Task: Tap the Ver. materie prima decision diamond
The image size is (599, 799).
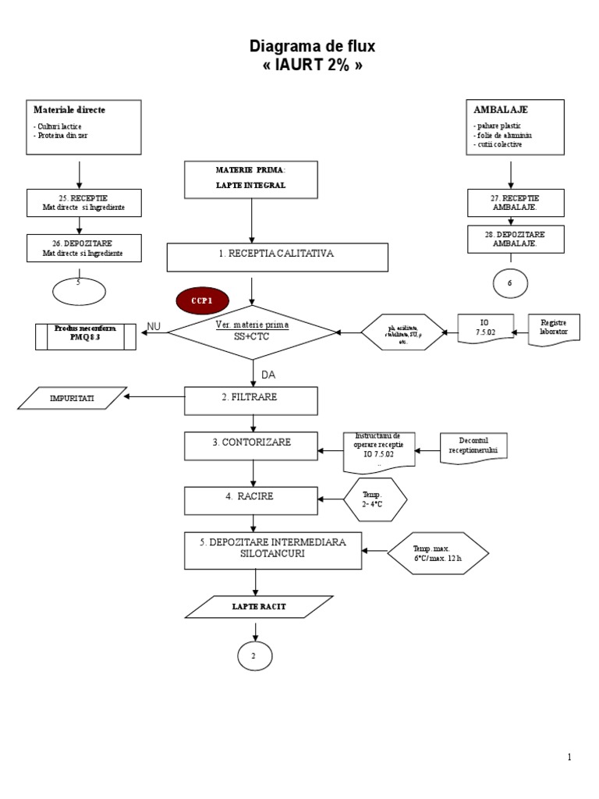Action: tap(252, 332)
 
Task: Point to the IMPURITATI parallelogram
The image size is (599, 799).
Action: tap(71, 398)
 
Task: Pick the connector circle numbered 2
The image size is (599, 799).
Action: tap(254, 656)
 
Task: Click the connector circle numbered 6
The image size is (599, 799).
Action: tap(510, 283)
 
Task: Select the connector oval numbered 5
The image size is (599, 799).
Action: tap(80, 290)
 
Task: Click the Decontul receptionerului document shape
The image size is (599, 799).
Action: tap(473, 448)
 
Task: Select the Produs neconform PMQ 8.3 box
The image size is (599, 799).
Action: tap(86, 336)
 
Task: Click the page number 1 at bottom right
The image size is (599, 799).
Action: tap(570, 756)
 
